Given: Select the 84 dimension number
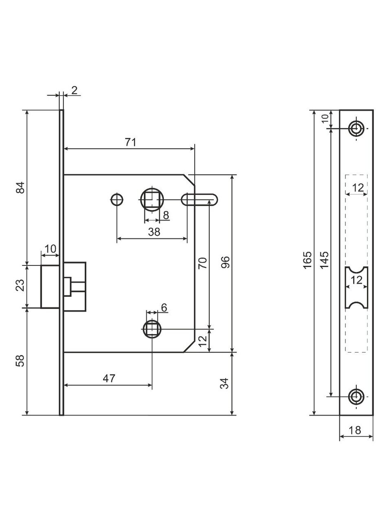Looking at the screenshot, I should click(x=21, y=188).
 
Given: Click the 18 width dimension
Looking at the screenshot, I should click(x=355, y=430).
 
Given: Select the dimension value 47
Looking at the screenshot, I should click(x=108, y=378).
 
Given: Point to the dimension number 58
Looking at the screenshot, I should click(x=21, y=361).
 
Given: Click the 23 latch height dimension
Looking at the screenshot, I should click(x=21, y=286).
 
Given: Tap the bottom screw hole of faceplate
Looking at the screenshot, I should click(x=356, y=396).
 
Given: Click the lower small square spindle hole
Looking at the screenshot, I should click(x=152, y=329).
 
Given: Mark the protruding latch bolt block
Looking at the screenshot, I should click(x=51, y=286).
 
